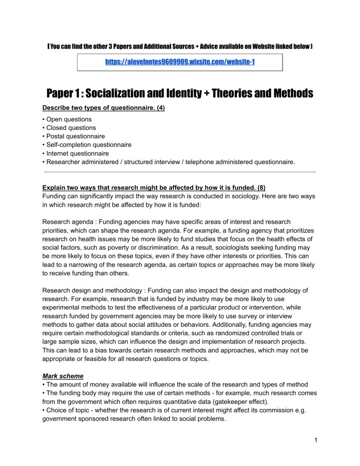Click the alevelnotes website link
click(x=180, y=62)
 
